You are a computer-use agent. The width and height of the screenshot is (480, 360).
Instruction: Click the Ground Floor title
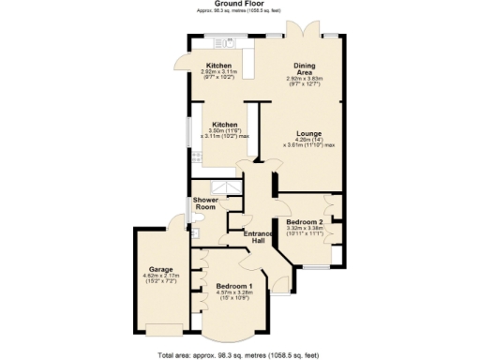click(241, 4)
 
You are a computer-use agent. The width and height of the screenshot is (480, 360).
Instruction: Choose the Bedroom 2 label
click(305, 220)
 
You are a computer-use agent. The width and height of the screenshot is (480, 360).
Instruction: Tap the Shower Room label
click(206, 204)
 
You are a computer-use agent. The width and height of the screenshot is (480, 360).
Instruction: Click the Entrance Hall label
click(257, 236)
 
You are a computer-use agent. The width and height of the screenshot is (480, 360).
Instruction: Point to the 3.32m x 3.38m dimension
click(306, 228)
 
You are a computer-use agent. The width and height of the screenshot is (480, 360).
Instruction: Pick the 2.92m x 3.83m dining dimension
click(304, 79)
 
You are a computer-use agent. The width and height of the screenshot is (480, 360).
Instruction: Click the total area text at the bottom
click(240, 354)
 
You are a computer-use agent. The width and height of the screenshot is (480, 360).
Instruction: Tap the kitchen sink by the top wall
click(225, 41)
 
